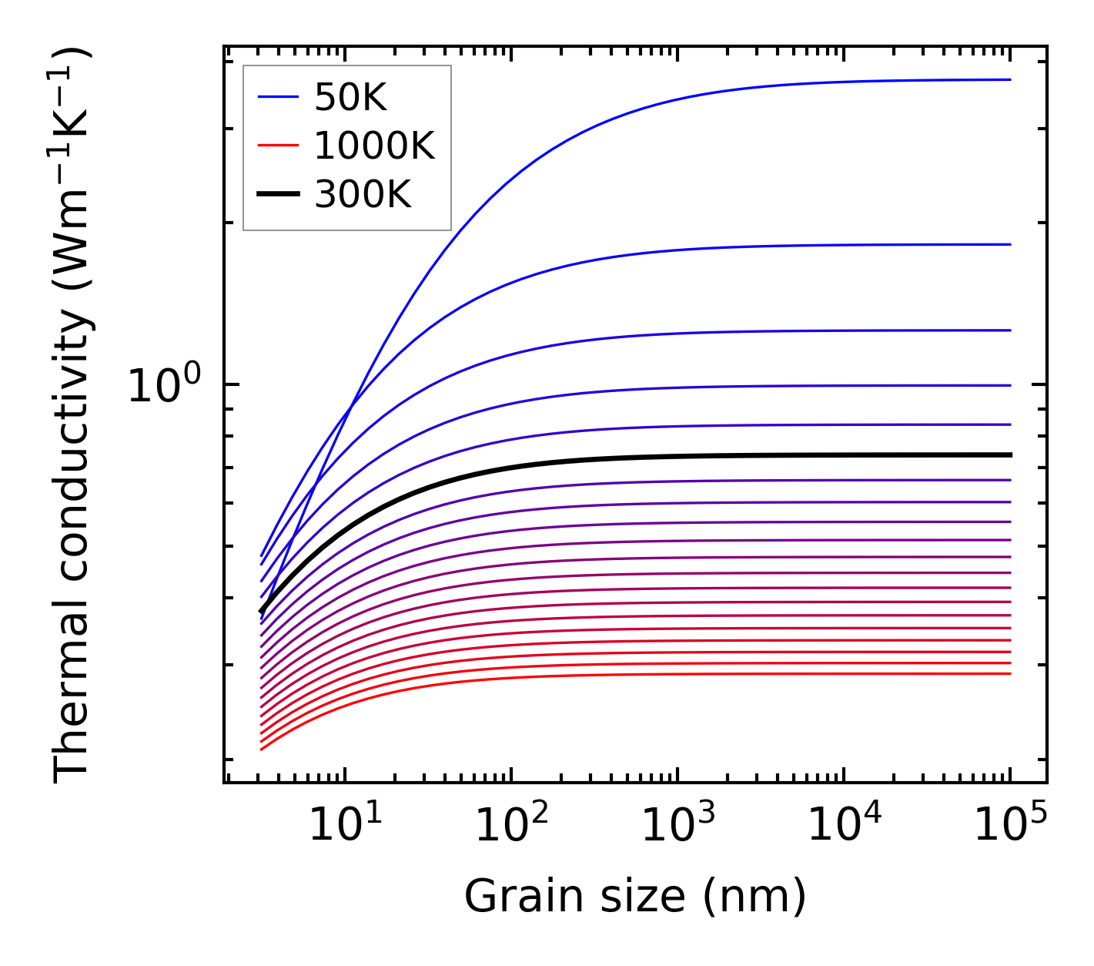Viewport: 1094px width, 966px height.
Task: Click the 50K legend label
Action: tap(350, 97)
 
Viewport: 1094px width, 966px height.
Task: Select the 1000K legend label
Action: tap(374, 146)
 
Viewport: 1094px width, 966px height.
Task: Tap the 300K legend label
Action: tap(363, 195)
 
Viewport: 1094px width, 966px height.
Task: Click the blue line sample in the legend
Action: tap(277, 97)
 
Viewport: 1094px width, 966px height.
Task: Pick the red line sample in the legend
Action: tap(277, 146)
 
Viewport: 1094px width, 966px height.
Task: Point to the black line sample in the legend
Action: tap(277, 195)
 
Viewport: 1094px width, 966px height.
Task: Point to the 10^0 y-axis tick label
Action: tap(164, 385)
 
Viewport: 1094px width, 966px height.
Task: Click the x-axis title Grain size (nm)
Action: tap(635, 897)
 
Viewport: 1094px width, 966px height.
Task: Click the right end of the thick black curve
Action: tap(1009, 454)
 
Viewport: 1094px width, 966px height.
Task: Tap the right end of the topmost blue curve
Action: tap(1009, 79)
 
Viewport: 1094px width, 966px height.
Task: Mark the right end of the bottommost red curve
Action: tap(1009, 674)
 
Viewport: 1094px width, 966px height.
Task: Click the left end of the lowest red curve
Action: tap(263, 749)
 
